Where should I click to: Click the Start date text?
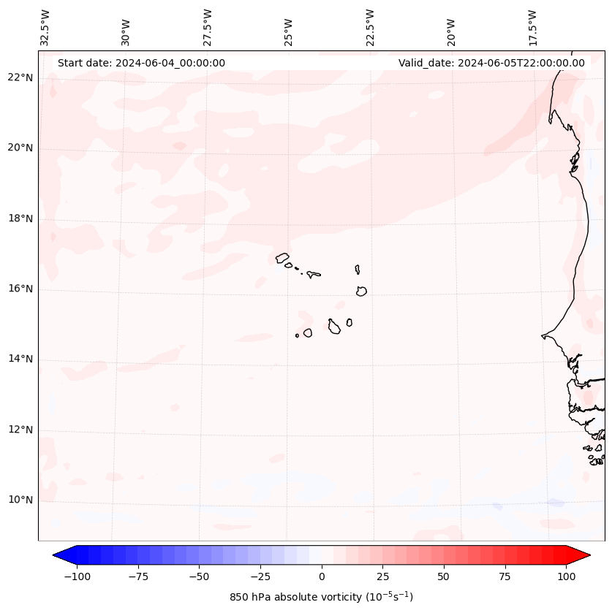tap(141, 63)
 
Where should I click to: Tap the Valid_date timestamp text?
tap(491, 63)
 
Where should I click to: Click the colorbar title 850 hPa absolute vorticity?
tap(322, 597)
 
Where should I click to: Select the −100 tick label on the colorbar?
tap(77, 576)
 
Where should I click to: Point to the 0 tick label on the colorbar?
tap(322, 576)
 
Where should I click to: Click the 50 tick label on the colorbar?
tap(444, 576)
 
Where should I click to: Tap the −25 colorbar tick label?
tap(260, 576)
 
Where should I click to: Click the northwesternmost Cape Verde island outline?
tap(282, 257)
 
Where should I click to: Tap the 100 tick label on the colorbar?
tap(566, 576)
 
